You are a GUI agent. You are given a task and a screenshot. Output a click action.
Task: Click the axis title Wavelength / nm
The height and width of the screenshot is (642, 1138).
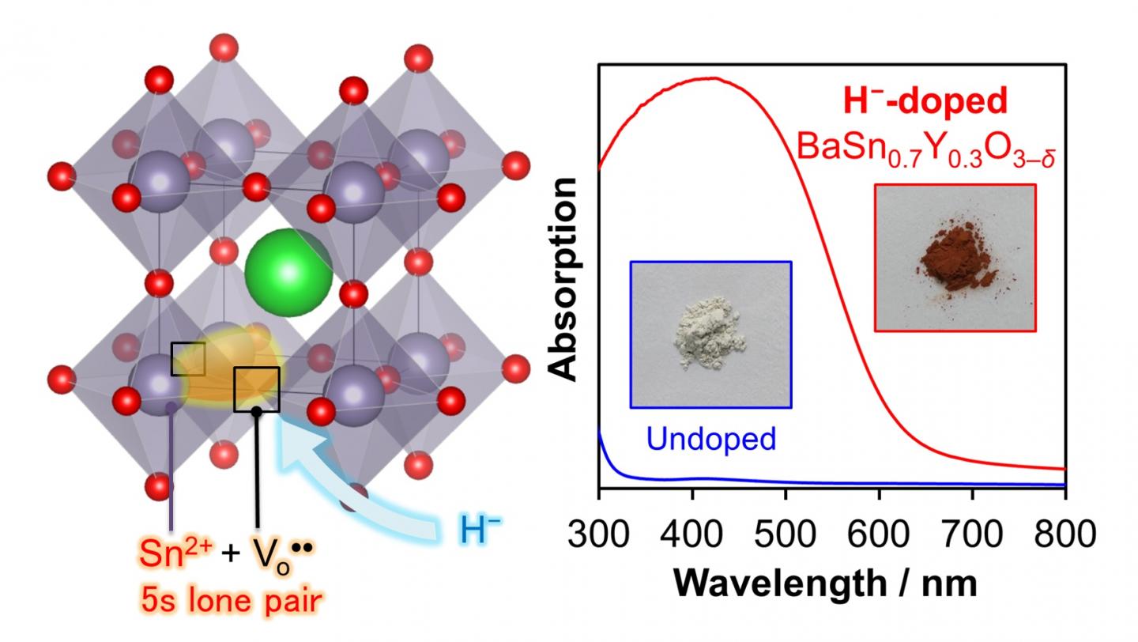(x=831, y=583)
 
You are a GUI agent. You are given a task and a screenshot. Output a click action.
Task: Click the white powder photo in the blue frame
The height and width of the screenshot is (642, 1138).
(x=710, y=334)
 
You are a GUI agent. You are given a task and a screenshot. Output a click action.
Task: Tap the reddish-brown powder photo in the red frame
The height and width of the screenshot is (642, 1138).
(x=955, y=258)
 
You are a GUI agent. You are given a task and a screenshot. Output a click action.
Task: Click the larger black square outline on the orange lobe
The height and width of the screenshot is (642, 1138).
(x=257, y=389)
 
